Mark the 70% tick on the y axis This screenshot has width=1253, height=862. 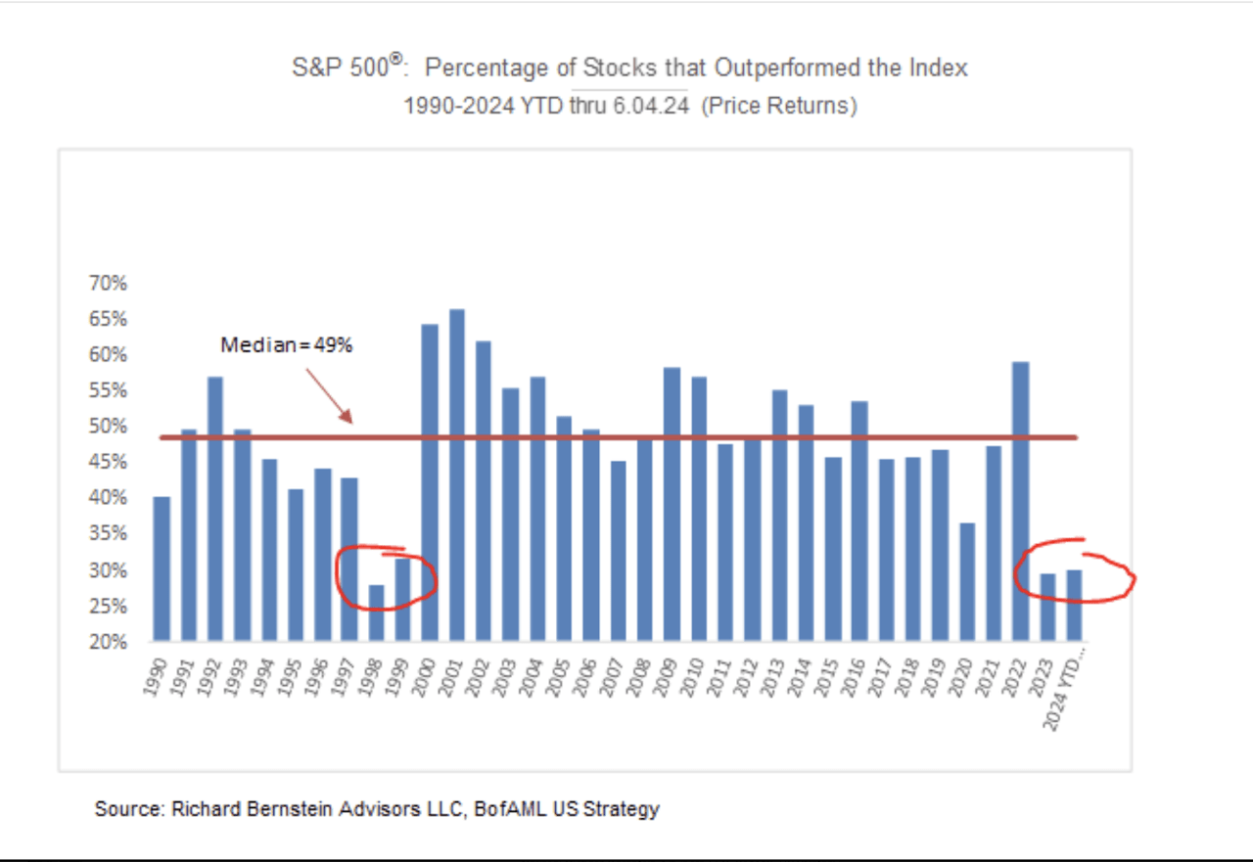109,284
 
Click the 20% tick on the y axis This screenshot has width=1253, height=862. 109,642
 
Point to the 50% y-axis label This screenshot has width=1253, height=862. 109,427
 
